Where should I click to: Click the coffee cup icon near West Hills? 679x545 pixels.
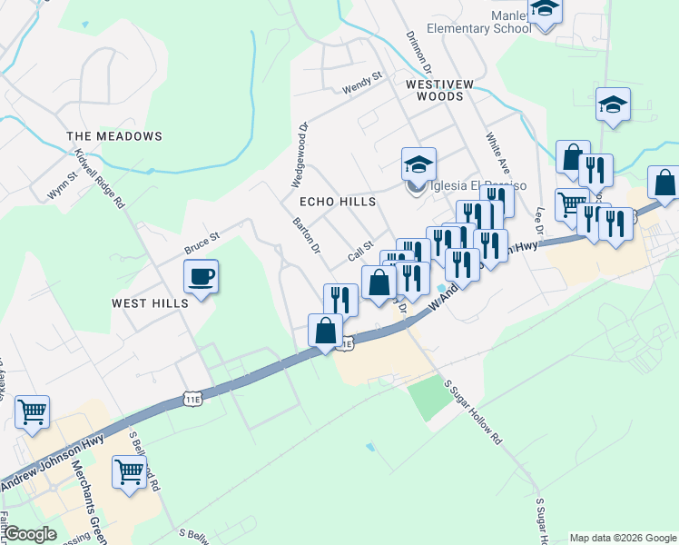201,276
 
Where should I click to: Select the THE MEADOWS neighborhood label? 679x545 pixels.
114,136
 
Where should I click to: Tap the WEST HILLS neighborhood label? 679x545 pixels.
150,302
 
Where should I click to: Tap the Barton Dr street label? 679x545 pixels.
307,235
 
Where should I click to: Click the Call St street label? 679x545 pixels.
360,252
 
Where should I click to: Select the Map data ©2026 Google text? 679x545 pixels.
623,538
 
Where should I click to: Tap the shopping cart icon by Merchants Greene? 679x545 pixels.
129,473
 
